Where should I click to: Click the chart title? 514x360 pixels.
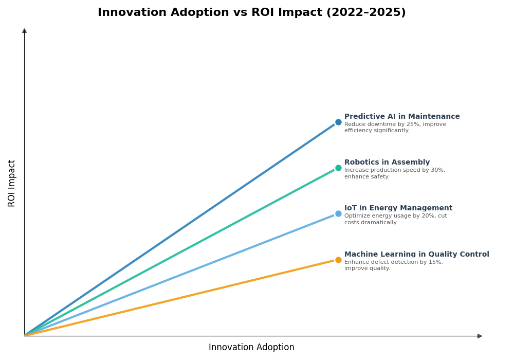(251, 12)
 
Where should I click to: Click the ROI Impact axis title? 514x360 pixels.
(12, 183)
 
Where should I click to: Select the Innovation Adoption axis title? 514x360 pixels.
(251, 348)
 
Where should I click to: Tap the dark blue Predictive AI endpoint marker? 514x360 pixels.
(338, 122)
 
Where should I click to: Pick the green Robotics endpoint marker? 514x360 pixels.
(338, 168)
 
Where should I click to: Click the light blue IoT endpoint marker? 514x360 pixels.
(338, 214)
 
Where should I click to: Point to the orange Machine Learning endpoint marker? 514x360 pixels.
(338, 260)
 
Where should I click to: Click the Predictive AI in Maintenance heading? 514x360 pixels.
(402, 117)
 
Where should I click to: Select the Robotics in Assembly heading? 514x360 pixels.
(387, 163)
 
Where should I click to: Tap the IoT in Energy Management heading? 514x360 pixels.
(398, 208)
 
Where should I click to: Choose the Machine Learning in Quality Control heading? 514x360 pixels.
(416, 255)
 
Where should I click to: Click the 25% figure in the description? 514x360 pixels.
(410, 124)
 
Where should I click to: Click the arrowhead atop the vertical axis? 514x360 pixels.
(24, 31)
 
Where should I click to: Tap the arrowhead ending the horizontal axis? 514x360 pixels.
(480, 336)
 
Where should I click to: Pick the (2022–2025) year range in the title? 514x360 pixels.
(366, 12)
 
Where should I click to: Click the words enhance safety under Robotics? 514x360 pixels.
(366, 177)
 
